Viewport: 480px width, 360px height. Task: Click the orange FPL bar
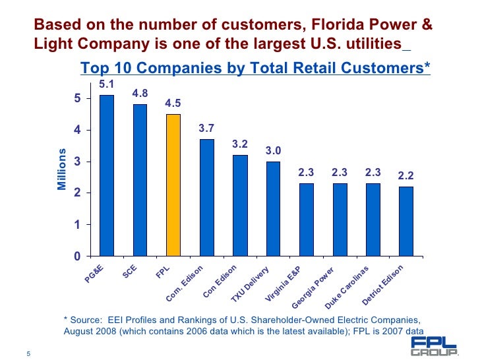coord(173,185)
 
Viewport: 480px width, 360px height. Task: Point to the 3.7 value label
coord(206,128)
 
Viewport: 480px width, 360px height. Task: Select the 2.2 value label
coord(406,176)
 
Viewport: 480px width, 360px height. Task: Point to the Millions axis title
coord(62,169)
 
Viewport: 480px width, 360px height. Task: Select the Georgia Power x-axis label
coord(314,288)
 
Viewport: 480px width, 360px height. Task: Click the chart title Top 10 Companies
coord(255,68)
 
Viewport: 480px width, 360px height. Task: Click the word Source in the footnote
coord(86,319)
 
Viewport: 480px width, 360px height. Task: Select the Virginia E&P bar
coord(306,220)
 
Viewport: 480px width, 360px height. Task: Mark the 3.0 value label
coord(273,151)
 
